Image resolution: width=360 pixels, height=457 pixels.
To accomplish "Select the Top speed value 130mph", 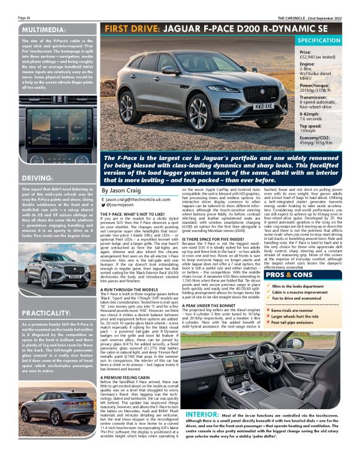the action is (308, 131).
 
